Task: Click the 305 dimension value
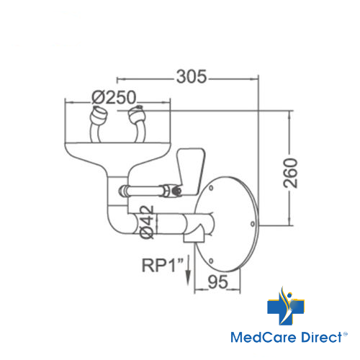point(192,77)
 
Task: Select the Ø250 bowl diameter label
point(114,97)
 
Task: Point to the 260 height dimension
point(290,173)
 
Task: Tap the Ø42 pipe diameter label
point(147,222)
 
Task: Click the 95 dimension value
point(217,282)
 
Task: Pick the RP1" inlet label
point(163,265)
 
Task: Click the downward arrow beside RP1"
point(189,270)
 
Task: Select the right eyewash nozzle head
point(137,115)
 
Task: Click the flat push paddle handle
point(191,171)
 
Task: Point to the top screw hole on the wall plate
point(211,188)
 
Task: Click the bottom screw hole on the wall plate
point(211,261)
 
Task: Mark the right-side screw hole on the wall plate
point(253,224)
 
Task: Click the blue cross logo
point(286,307)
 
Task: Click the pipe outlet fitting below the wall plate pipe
point(194,236)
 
